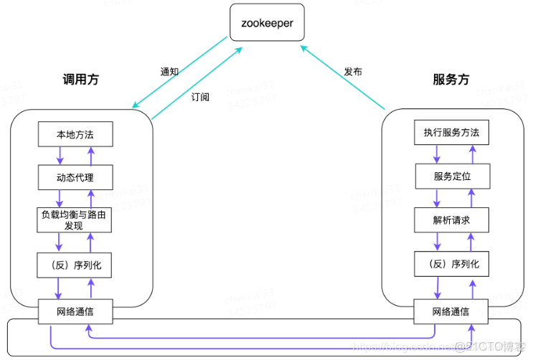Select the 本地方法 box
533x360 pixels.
pos(75,133)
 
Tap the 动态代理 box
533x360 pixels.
pos(75,177)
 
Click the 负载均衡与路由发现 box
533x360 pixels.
pos(75,220)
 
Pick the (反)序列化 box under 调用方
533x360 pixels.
pos(75,265)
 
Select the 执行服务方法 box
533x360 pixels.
pos(451,133)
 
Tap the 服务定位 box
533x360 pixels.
pos(451,176)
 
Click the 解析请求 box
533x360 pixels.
pos(451,220)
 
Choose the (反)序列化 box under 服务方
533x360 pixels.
pos(451,265)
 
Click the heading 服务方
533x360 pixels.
pos(451,80)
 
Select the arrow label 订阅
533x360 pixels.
pos(201,97)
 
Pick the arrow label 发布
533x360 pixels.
pos(352,72)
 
